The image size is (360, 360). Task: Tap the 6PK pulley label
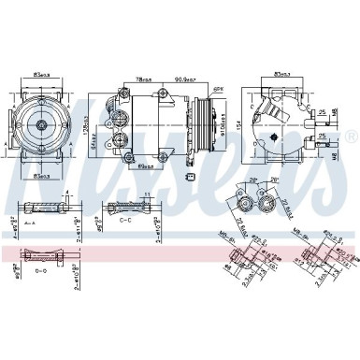pos(219,91)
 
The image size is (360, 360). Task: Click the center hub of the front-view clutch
pos(43,123)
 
